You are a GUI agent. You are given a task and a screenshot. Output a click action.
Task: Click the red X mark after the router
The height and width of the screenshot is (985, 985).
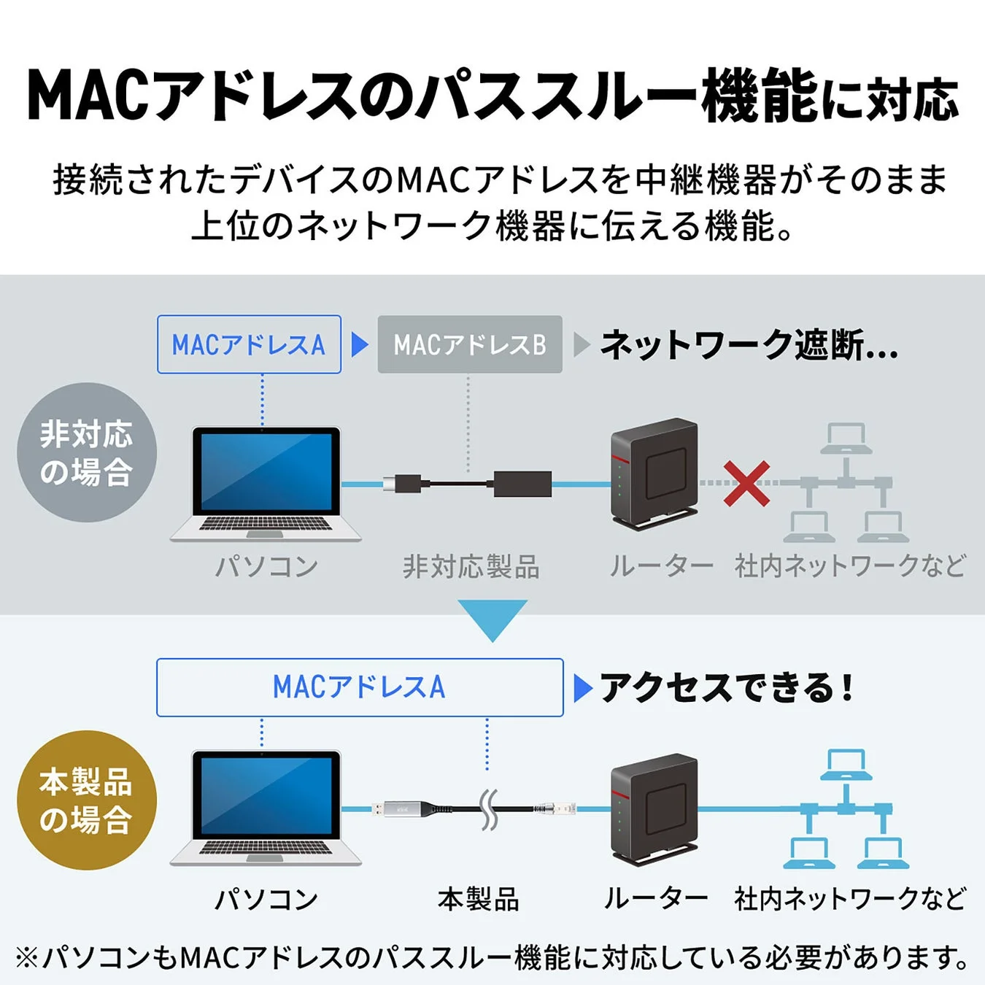coord(746,483)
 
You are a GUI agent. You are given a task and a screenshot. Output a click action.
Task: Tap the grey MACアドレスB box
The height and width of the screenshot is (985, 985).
coord(470,344)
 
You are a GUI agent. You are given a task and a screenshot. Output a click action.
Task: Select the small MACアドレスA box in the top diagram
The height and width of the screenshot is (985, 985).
coord(249,344)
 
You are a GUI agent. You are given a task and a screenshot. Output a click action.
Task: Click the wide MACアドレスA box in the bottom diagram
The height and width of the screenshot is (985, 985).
coord(360,687)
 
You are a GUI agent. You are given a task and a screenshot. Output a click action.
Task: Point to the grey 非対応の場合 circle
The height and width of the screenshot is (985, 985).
coord(87,452)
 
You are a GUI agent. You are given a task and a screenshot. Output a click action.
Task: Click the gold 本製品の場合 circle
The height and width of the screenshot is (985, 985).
coord(87,800)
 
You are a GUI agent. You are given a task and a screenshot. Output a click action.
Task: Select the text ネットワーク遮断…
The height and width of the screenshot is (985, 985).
coord(749,345)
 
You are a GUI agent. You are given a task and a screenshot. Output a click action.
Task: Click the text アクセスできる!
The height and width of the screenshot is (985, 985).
coord(727,687)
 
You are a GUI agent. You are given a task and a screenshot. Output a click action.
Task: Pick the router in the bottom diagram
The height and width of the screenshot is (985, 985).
coord(654,810)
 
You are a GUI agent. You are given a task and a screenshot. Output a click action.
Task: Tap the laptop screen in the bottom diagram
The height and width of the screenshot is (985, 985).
coord(266,795)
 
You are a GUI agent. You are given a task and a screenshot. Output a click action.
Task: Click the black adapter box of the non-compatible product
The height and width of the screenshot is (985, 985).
coord(522,484)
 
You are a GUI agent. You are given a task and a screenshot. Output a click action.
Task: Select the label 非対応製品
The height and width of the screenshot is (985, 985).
coord(471,567)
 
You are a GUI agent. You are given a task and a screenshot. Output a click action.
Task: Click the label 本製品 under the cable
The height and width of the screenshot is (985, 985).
coord(479,899)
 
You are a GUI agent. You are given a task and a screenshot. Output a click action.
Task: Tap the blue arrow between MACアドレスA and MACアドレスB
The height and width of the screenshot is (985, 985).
coord(359,344)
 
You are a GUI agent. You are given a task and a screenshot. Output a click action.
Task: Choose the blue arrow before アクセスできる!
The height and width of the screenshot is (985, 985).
coord(582,688)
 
